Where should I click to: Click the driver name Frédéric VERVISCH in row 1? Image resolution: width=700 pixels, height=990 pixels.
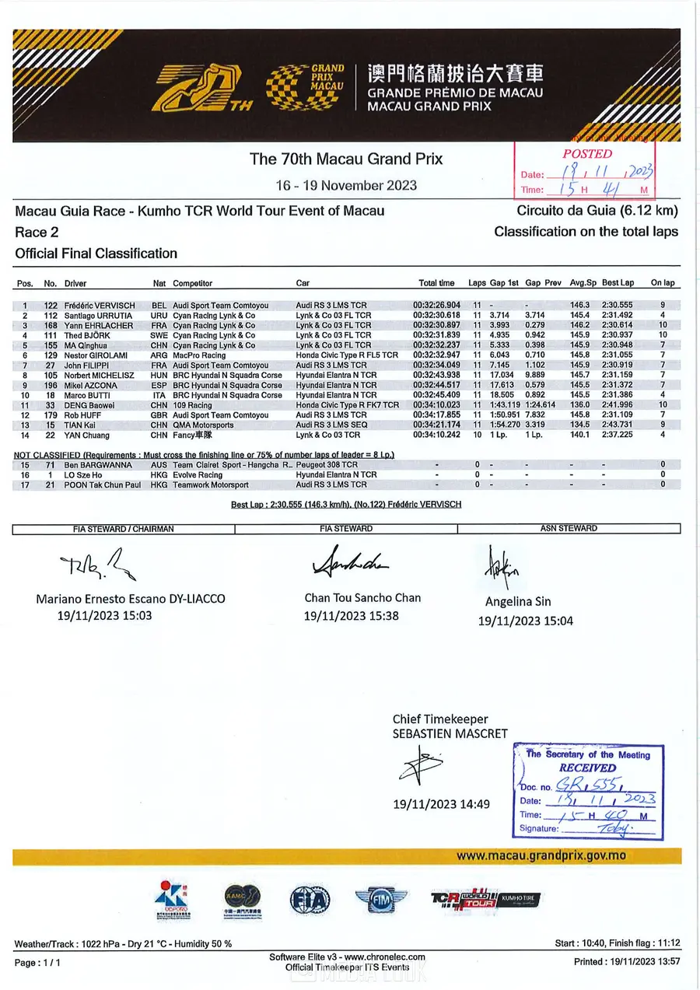tap(99, 306)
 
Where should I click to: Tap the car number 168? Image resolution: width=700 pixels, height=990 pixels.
tap(51, 326)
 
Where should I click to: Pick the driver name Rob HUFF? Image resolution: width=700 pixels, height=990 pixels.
tap(83, 415)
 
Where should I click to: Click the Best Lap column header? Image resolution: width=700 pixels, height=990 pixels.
tap(618, 283)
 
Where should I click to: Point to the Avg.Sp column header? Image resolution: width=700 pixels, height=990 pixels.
tap(582, 283)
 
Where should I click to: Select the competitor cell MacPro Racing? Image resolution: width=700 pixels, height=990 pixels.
tap(199, 355)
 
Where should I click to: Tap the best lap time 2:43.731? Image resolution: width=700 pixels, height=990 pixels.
tap(618, 425)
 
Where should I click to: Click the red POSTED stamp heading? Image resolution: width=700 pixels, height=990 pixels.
tap(587, 154)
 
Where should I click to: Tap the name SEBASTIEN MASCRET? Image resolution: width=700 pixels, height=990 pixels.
tap(450, 733)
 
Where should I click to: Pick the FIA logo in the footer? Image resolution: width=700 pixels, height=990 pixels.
tap(310, 900)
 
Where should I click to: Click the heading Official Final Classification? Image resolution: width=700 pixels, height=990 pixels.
tap(96, 254)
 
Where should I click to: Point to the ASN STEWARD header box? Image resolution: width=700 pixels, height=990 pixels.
tap(569, 529)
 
